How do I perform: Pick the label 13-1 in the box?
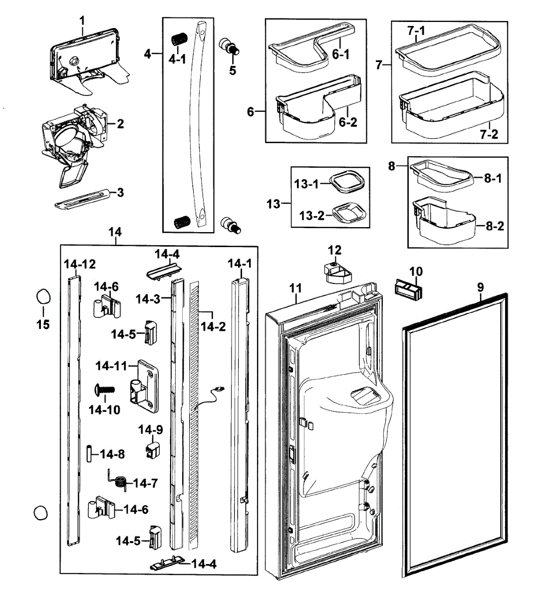306,184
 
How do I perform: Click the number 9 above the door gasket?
480,287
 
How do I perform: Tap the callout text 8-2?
494,226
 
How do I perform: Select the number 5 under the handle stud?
233,70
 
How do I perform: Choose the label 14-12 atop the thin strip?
79,264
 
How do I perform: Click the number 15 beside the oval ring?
43,324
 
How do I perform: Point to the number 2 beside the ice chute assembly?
120,124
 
